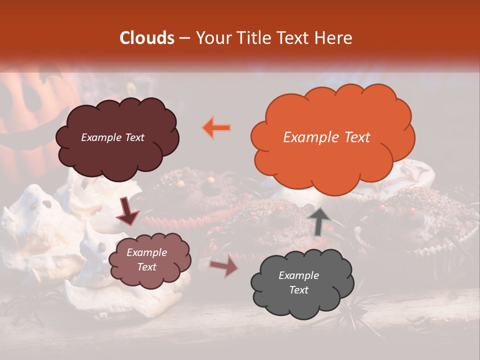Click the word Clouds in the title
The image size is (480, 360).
pyautogui.click(x=147, y=38)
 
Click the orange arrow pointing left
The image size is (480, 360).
pyautogui.click(x=216, y=127)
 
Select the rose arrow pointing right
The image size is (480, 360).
pyautogui.click(x=224, y=266)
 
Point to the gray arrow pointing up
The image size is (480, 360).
pyautogui.click(x=318, y=221)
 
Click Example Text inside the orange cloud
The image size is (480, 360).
pyautogui.click(x=326, y=137)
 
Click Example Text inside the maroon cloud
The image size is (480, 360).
pyautogui.click(x=112, y=137)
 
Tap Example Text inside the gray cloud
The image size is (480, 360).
pyautogui.click(x=298, y=282)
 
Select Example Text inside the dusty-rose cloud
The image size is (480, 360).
pyautogui.click(x=146, y=259)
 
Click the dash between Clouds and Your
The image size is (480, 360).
pyautogui.click(x=185, y=38)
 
